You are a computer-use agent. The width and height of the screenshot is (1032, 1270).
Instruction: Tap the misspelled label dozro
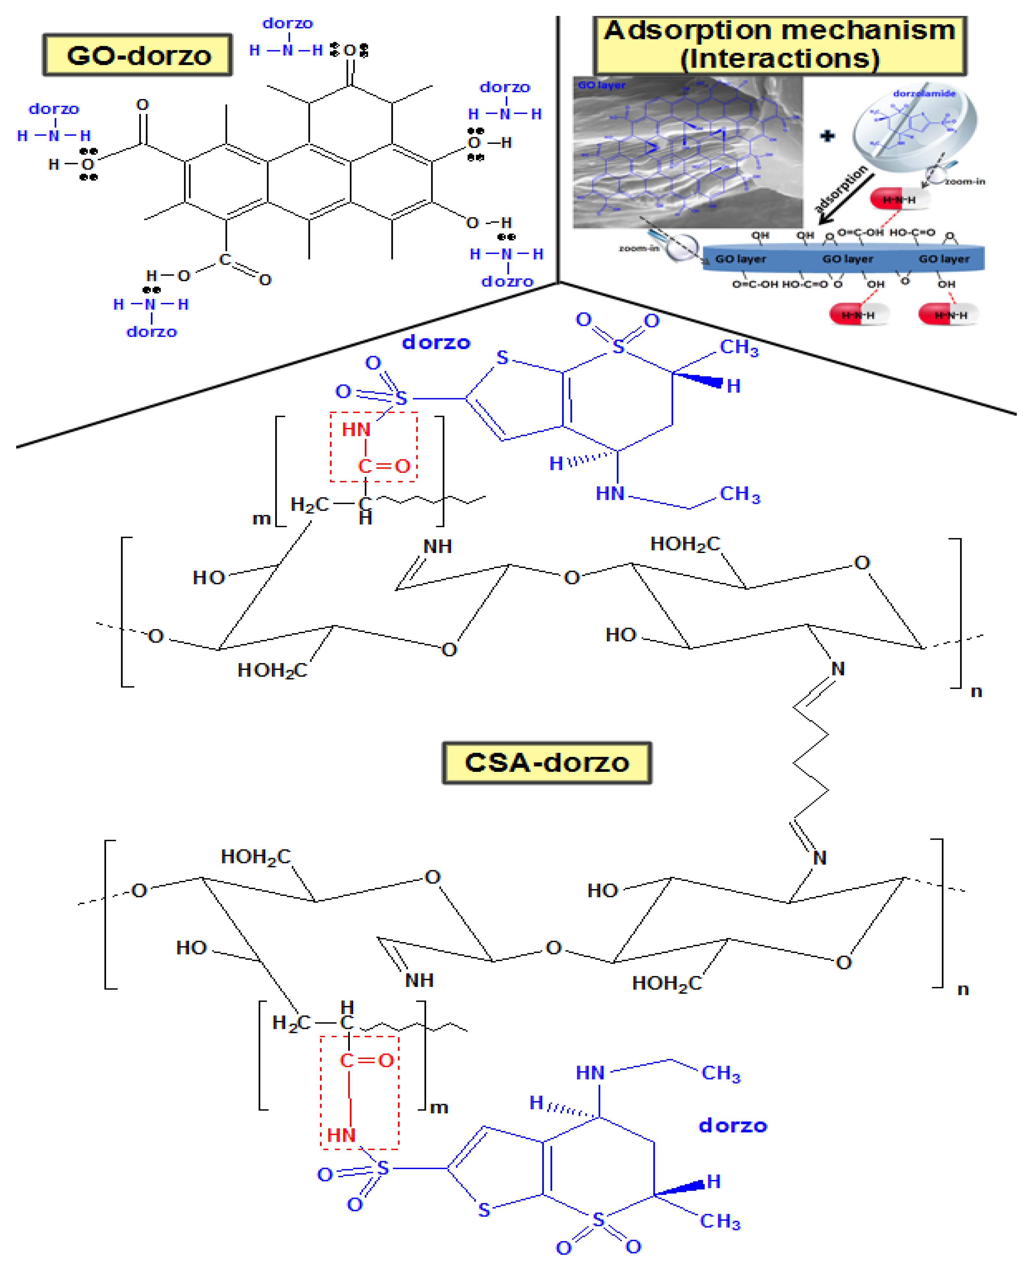507,281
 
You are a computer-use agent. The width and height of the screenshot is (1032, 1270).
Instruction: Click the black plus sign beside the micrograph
827,136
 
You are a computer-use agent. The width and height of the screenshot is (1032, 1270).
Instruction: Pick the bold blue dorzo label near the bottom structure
732,1125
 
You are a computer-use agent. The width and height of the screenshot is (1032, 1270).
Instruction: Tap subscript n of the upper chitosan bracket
976,691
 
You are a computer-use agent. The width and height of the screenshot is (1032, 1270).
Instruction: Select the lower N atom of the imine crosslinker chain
819,858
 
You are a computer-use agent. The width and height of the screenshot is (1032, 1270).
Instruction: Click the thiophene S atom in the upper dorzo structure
502,358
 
